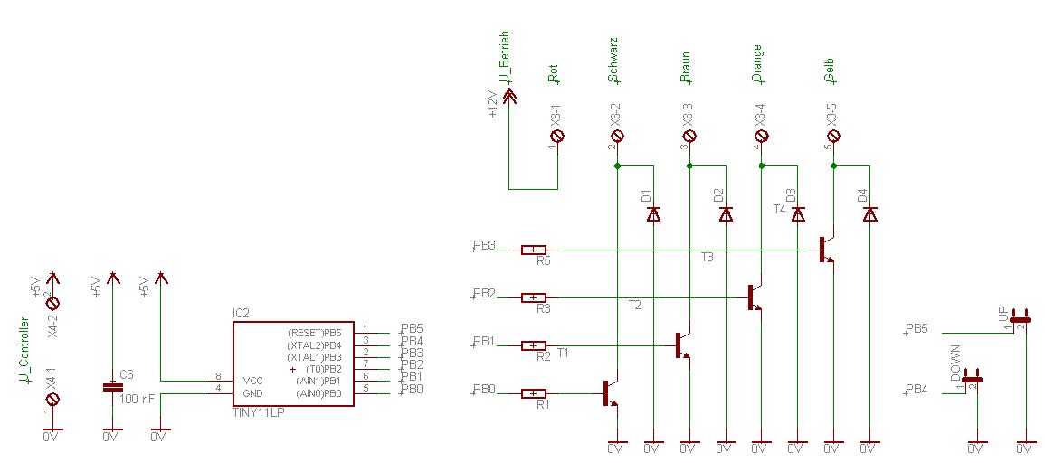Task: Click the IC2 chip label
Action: pyautogui.click(x=241, y=313)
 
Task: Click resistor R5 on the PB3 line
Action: pyautogui.click(x=535, y=250)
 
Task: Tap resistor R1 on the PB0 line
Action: pyautogui.click(x=535, y=393)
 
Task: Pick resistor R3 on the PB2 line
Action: pyautogui.click(x=535, y=297)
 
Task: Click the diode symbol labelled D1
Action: pyautogui.click(x=653, y=214)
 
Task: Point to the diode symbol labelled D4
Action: pyautogui.click(x=869, y=214)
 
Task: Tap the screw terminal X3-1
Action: pyautogui.click(x=558, y=136)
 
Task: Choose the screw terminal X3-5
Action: pyautogui.click(x=833, y=136)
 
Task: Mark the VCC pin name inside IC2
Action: pyautogui.click(x=253, y=381)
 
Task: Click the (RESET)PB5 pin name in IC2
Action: pyautogui.click(x=316, y=332)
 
